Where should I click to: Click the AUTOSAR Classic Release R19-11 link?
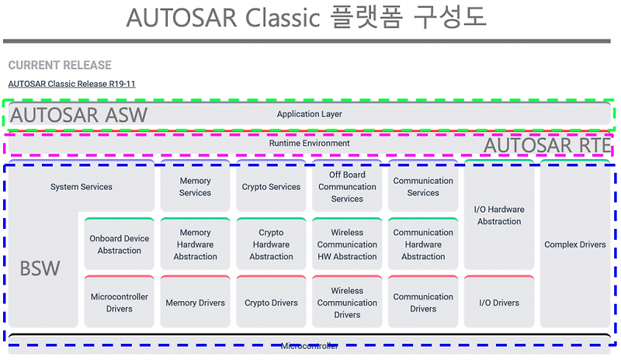point(71,84)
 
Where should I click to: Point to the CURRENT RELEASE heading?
point(60,65)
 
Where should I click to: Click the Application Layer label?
point(310,115)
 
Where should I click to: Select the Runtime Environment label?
point(310,144)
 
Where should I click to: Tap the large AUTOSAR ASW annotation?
point(78,116)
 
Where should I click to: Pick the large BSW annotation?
point(40,269)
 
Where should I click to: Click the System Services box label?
point(82,187)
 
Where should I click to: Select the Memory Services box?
point(196,187)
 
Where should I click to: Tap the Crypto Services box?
point(271,187)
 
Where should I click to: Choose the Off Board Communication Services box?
point(347,187)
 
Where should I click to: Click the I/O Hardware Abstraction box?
point(499,216)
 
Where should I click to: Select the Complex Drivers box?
point(575,245)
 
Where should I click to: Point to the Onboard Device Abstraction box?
point(120,244)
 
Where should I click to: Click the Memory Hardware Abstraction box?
point(196,244)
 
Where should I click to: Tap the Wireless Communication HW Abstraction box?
point(347,244)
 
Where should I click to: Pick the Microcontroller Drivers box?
point(120,303)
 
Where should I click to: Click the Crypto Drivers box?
point(271,303)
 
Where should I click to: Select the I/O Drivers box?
point(499,303)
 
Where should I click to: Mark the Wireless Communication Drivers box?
point(347,303)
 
